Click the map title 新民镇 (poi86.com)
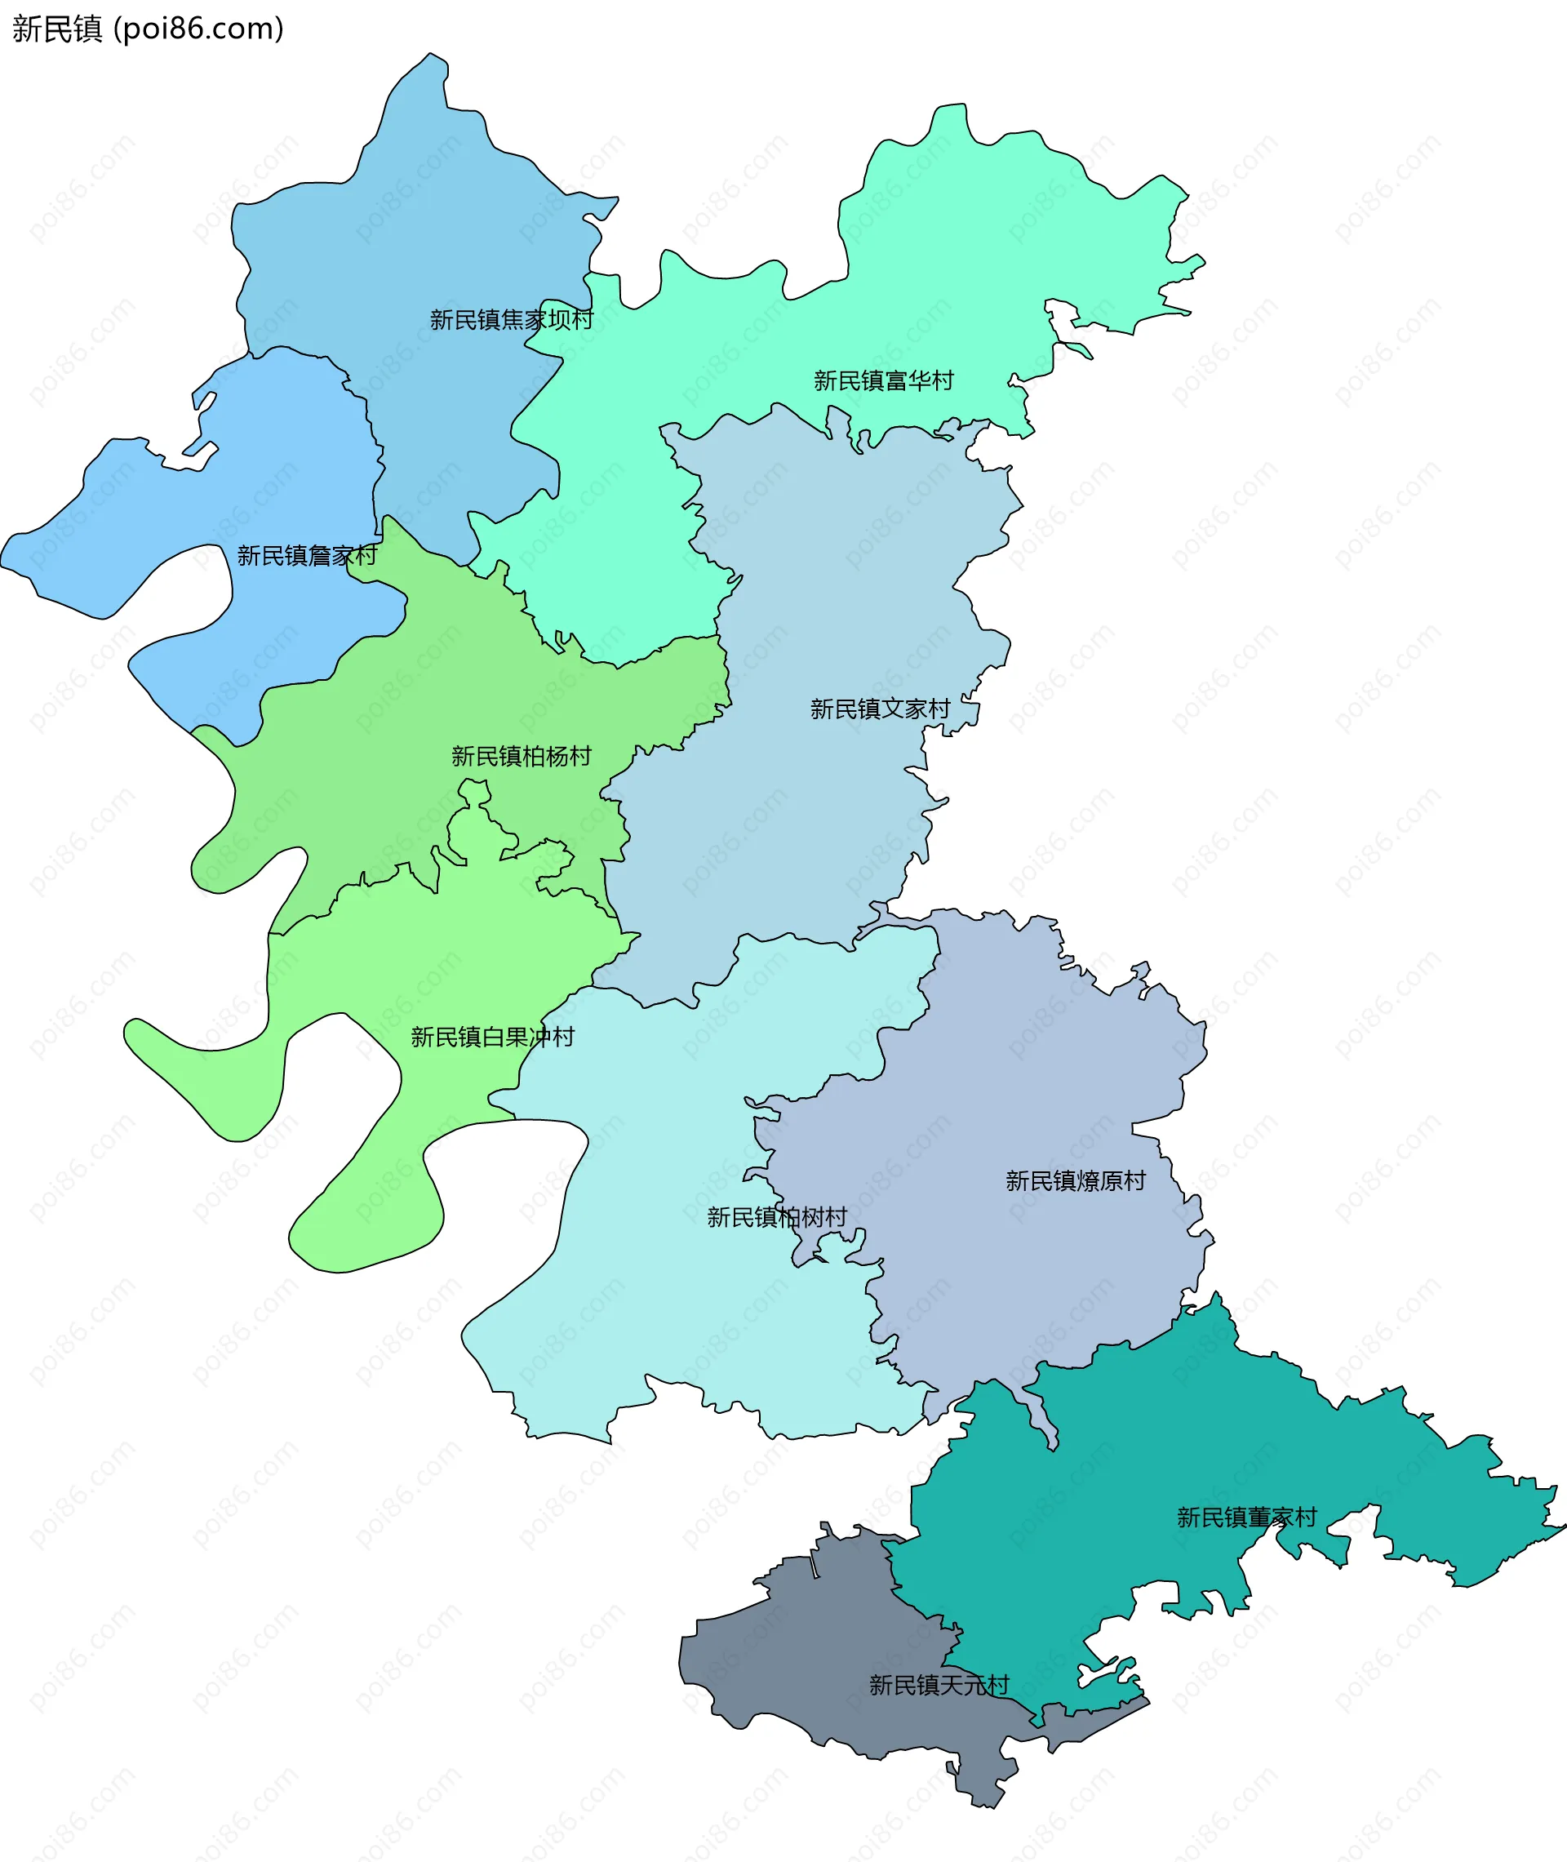148,29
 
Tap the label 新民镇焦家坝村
511,320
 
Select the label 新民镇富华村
883,381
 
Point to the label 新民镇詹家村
307,556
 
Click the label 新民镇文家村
880,709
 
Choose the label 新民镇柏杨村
521,757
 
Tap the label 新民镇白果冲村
492,1037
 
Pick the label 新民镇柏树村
776,1217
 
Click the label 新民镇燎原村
1075,1180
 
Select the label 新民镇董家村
1246,1518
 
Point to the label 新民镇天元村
939,1685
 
